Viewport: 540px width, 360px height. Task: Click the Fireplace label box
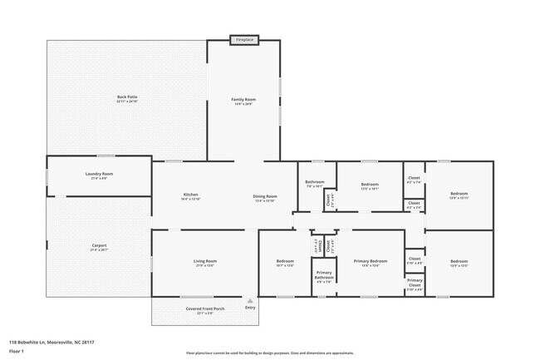244,39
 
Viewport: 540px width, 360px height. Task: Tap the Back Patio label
127,97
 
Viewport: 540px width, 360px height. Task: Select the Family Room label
243,99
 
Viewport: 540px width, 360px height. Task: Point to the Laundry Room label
98,174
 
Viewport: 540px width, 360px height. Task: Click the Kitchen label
191,196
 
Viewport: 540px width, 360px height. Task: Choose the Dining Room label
265,196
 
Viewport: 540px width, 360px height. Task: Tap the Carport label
99,245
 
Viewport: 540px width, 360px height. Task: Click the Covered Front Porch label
204,308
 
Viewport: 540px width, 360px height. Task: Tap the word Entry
250,308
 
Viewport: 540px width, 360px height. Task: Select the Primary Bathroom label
324,275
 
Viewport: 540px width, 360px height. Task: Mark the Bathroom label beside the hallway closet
315,182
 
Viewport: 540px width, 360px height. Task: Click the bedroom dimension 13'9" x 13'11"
459,198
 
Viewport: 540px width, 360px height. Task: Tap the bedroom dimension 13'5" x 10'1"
370,189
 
